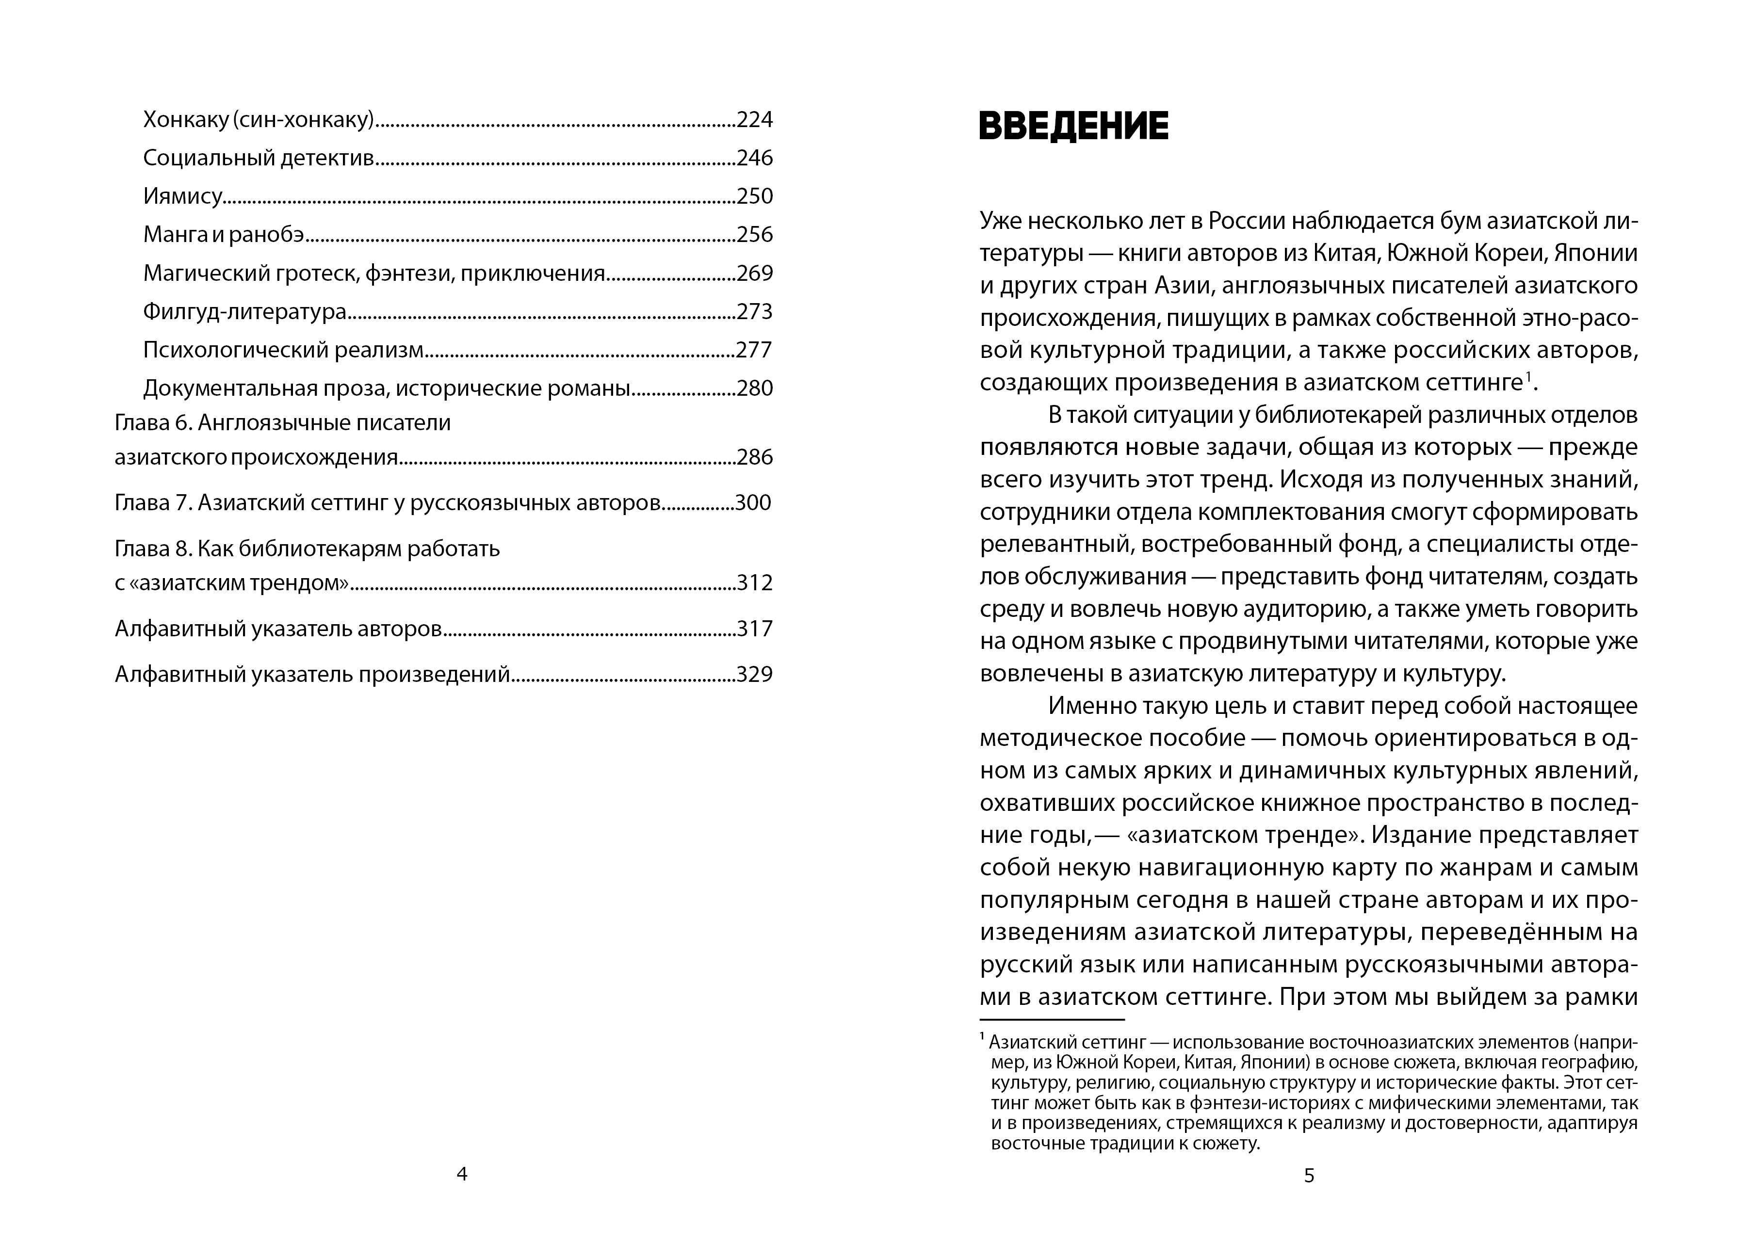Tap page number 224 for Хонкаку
[754, 120]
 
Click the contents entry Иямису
[182, 196]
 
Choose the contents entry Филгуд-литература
[244, 311]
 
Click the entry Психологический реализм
[283, 350]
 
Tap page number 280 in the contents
[754, 388]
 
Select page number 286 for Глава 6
[754, 457]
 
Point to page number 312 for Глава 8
[754, 583]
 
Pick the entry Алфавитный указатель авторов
[278, 629]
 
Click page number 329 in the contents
[754, 675]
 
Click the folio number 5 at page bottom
[1309, 1176]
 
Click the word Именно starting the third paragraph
[1090, 706]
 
